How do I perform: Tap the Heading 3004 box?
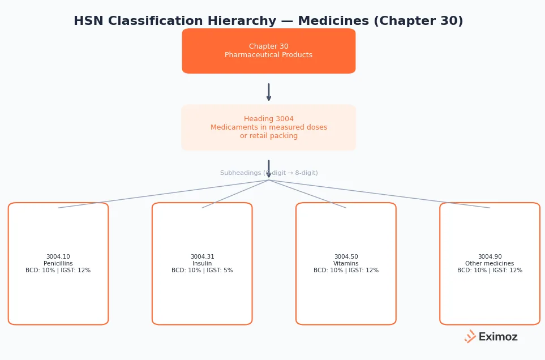click(x=268, y=127)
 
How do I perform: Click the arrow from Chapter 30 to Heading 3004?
click(x=269, y=92)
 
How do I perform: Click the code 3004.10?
click(x=58, y=257)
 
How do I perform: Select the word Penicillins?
click(x=58, y=264)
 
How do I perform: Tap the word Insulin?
click(x=202, y=264)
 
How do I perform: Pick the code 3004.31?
click(x=202, y=257)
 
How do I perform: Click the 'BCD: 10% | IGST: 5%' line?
click(x=202, y=271)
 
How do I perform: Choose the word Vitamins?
click(x=346, y=264)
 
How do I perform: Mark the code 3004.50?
click(x=346, y=257)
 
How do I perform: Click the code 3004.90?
click(x=490, y=257)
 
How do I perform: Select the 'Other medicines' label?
click(x=490, y=264)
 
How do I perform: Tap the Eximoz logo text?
click(x=497, y=337)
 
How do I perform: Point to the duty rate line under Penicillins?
click(x=58, y=271)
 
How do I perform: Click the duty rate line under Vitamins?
click(x=346, y=271)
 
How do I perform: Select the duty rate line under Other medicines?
click(x=490, y=271)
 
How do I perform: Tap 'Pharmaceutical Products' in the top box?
click(x=268, y=55)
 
